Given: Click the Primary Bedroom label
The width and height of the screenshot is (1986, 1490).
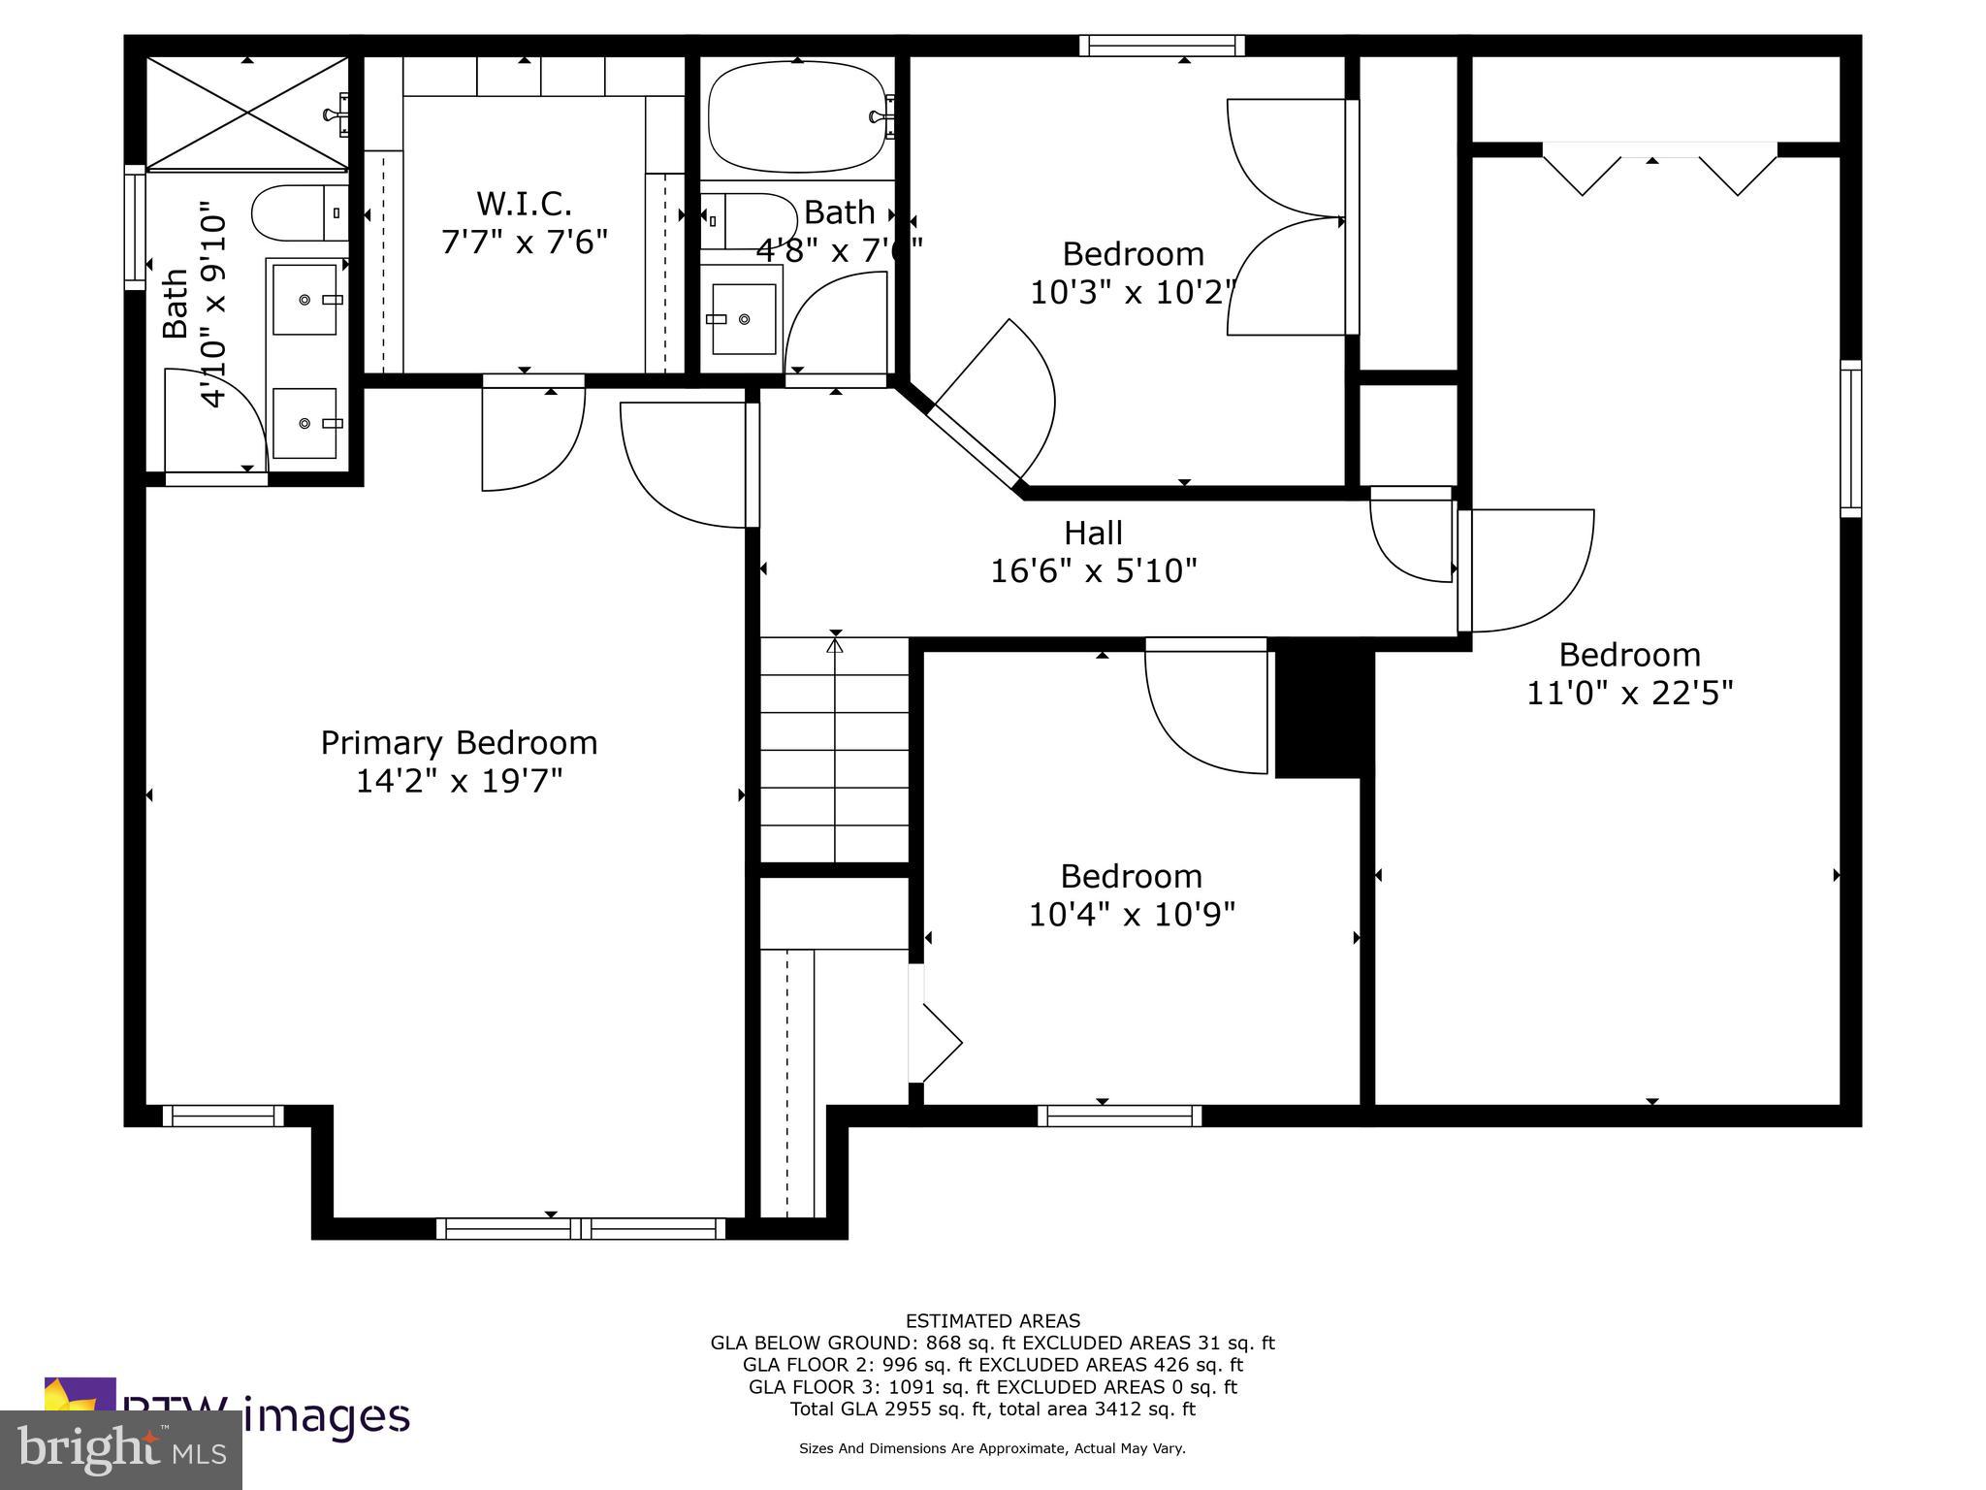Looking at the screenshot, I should [459, 742].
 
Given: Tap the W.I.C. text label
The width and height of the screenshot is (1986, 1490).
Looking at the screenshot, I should [524, 204].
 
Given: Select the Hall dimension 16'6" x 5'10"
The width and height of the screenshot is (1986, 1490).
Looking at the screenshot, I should [1093, 570].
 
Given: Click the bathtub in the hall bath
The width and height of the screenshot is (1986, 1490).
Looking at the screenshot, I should [797, 117].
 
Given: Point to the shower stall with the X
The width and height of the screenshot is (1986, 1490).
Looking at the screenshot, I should [247, 113].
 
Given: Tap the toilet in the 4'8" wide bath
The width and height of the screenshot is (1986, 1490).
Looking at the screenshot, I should [747, 221].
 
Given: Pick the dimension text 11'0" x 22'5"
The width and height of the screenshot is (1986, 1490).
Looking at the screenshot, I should [1629, 693].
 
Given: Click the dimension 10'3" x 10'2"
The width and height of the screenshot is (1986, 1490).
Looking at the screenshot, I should [1133, 291].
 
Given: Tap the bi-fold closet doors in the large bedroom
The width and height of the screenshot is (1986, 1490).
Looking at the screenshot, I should [1658, 170].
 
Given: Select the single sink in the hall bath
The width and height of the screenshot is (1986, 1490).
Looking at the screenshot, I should [744, 319].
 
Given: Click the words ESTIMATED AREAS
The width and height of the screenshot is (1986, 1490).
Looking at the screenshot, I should [992, 1320].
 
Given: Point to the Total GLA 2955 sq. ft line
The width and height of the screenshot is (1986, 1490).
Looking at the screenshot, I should [992, 1409].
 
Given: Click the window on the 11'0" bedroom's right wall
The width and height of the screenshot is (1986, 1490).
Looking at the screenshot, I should [1850, 438].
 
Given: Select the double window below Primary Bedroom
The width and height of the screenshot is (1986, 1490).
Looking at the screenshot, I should [580, 1228].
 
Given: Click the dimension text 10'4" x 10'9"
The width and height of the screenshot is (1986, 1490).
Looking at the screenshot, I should [1132, 914].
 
